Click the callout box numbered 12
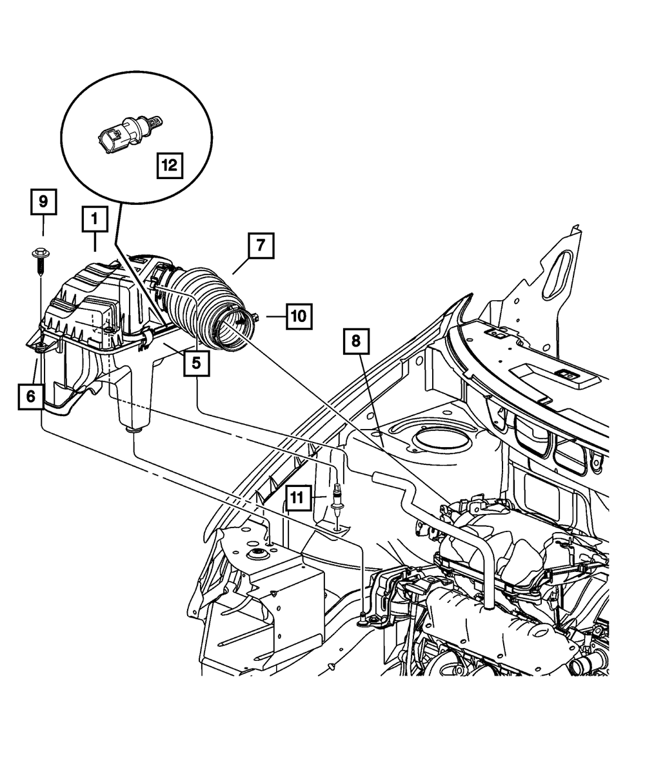click(x=169, y=166)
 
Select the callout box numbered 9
click(x=43, y=202)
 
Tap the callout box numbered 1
click(x=94, y=220)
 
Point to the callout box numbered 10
click(x=298, y=316)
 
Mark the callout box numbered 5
click(x=195, y=363)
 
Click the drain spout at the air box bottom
click(x=134, y=429)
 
